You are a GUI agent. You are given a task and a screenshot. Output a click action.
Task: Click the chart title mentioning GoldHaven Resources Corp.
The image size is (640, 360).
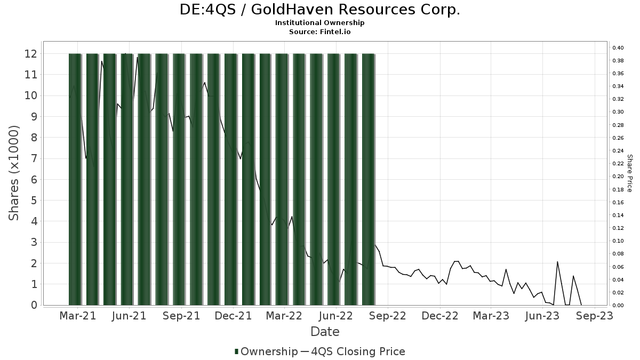tap(319, 10)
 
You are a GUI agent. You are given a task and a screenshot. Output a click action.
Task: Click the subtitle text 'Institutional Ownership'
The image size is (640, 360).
tap(319, 23)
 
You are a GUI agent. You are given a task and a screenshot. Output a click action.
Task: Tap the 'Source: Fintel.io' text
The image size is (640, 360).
tap(319, 31)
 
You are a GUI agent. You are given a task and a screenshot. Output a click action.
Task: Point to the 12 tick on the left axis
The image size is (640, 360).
tap(30, 53)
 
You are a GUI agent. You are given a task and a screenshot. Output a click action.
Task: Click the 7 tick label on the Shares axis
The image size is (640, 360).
tap(33, 158)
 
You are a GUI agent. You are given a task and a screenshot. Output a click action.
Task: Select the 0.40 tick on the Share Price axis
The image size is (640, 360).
tap(618, 48)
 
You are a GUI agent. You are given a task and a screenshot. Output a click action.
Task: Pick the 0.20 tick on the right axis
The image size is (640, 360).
tap(618, 177)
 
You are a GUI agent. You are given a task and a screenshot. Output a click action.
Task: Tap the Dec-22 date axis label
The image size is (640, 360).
tap(440, 316)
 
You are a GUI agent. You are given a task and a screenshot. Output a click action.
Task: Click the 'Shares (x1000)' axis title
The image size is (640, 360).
tap(14, 173)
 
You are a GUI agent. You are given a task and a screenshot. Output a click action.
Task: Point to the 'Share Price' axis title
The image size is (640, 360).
tap(629, 173)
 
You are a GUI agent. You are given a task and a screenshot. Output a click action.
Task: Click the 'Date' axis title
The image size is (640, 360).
tap(325, 332)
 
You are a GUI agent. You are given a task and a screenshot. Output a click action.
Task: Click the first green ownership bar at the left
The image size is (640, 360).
tap(75, 179)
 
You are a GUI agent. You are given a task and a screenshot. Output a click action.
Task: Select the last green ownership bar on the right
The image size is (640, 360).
tap(369, 179)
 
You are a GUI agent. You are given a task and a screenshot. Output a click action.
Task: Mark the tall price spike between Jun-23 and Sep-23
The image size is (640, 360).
tap(557, 262)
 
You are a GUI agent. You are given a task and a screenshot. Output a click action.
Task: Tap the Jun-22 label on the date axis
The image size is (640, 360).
tap(337, 316)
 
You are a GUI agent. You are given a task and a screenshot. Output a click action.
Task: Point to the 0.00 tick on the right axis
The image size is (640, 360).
tap(618, 305)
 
